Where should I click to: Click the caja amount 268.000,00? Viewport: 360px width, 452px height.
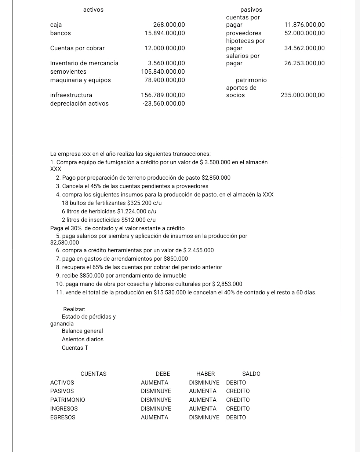169,25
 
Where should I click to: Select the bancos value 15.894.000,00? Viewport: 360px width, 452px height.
164,33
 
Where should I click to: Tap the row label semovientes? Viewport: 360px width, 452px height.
68,72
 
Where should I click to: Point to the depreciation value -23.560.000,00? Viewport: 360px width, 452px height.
164,104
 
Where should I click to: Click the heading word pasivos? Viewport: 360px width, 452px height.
251,10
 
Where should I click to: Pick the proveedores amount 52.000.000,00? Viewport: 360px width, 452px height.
304,33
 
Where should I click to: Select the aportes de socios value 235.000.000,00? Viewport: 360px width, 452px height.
302,95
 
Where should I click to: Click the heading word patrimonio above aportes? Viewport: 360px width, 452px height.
251,80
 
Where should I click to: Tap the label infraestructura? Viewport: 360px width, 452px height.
71,95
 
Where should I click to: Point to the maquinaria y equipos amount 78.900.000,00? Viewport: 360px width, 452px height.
164,80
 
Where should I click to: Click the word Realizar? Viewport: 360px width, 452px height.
74,309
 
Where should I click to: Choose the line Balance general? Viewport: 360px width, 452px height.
82,331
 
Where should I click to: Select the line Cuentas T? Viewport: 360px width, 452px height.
75,348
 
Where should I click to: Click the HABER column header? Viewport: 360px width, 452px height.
206,374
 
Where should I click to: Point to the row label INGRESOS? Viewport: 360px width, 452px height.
64,409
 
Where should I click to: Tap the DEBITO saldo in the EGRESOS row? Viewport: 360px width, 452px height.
236,418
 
